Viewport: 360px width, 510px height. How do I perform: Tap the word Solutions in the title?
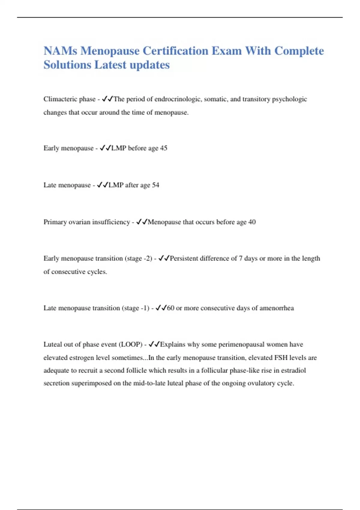67,65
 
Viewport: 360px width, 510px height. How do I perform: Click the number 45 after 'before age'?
163,148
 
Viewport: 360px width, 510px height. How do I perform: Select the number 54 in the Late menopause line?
155,185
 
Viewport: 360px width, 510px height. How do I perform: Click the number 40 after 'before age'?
252,222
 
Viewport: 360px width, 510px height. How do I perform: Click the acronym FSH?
281,358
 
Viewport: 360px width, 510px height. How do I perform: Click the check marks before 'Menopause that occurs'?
142,222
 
